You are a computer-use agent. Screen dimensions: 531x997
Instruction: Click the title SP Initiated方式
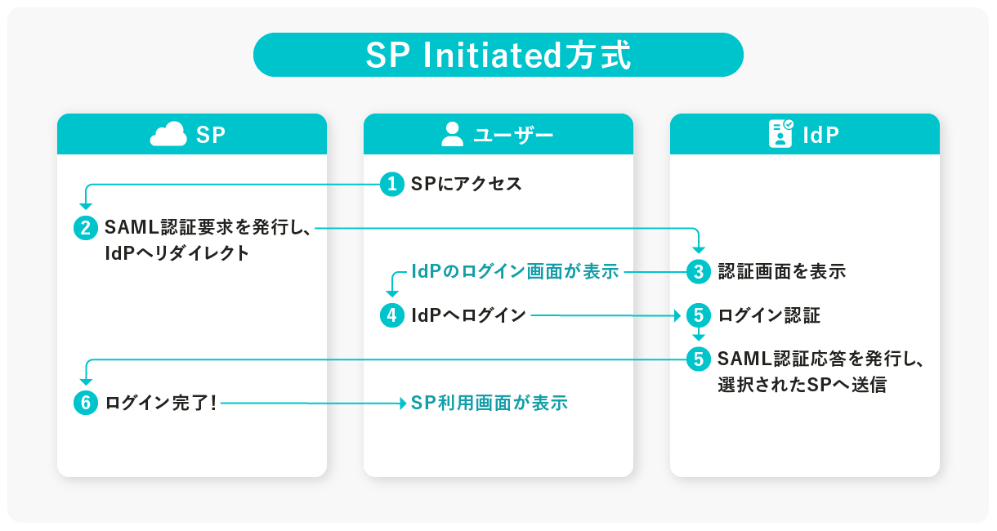[x=498, y=56]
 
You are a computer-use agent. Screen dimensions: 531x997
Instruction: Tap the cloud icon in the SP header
[x=168, y=134]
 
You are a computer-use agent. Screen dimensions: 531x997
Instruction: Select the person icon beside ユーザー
[x=452, y=134]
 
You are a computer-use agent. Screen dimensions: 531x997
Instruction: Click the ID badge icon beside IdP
[x=780, y=134]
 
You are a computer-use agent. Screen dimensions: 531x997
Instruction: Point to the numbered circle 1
[x=392, y=184]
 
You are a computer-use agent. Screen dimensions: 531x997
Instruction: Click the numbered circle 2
[x=86, y=228]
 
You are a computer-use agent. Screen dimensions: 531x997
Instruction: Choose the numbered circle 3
[x=699, y=271]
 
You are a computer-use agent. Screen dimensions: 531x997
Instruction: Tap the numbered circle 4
[x=392, y=315]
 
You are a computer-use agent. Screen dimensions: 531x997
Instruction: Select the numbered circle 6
[x=86, y=403]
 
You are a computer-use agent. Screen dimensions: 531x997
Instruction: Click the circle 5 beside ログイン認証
[x=699, y=315]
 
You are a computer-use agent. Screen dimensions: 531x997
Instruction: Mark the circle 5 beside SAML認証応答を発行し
[x=699, y=359]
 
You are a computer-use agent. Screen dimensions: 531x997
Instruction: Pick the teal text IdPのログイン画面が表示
[x=515, y=271]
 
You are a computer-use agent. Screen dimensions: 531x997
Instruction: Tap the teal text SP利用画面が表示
[x=489, y=403]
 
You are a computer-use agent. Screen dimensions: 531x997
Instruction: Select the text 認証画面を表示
[x=781, y=271]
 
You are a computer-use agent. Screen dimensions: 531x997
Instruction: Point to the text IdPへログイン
[x=468, y=315]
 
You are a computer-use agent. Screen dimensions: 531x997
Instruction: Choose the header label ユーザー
[x=513, y=135]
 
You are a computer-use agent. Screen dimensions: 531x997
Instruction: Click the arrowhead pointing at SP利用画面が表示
[x=401, y=403]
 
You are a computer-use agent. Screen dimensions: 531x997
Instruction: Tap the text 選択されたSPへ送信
[x=802, y=384]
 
